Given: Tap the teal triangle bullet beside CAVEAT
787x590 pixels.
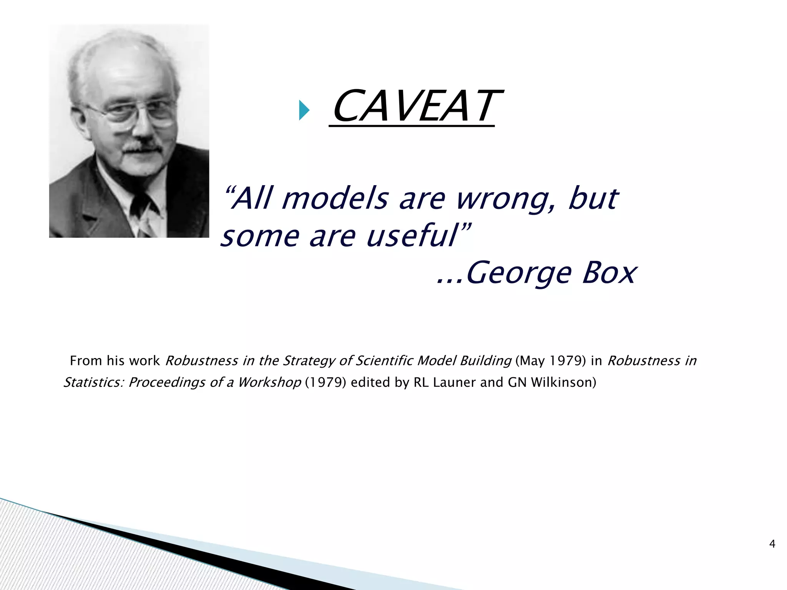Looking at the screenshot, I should tap(304, 110).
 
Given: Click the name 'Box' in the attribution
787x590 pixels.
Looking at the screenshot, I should tap(609, 273).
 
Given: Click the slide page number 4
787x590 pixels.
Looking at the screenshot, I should tap(772, 544).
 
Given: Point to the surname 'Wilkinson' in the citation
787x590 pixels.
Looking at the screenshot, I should tap(563, 382).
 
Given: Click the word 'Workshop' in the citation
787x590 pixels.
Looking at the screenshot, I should tap(269, 382).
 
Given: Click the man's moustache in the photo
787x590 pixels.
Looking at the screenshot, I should tap(143, 146).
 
